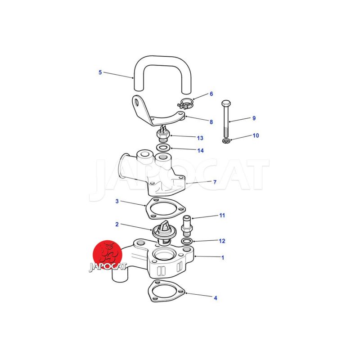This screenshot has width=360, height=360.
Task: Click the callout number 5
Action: [100, 72]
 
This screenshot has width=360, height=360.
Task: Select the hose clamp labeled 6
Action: [186, 103]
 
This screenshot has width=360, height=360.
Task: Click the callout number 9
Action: [254, 118]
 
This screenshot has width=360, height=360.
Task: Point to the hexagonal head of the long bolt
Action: [226, 103]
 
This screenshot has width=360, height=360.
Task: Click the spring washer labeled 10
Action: [226, 140]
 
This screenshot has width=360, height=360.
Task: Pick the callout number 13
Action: [200, 138]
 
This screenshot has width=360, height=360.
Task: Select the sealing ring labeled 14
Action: [163, 147]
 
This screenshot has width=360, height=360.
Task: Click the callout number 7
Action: [215, 182]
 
